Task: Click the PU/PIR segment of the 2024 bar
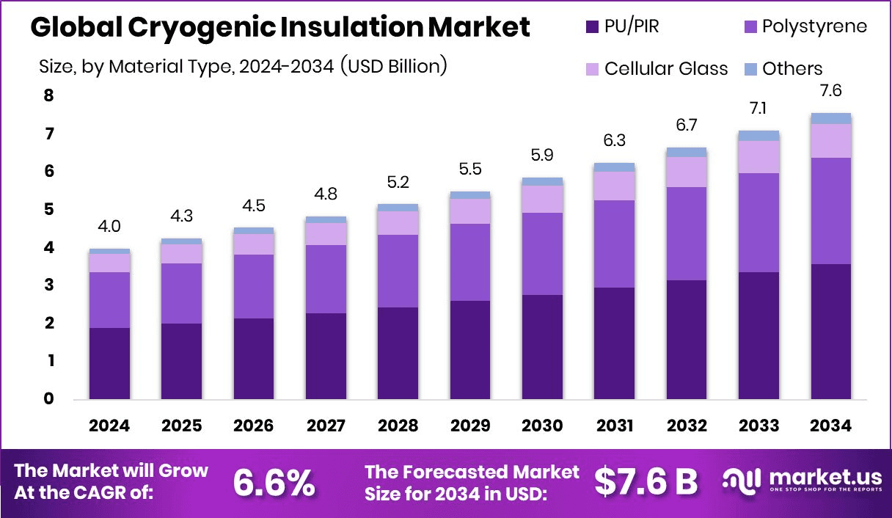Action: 109,363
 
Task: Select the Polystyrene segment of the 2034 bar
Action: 830,211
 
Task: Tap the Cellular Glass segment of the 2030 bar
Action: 542,199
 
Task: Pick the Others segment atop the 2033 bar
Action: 758,135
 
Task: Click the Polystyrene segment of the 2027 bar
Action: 326,279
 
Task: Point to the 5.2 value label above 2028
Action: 398,181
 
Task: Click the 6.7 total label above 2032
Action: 687,125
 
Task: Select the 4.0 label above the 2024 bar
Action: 109,226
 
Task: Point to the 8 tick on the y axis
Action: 48,95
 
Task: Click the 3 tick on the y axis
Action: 48,285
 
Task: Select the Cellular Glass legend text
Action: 666,69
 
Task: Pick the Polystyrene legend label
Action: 814,27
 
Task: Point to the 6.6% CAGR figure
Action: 274,482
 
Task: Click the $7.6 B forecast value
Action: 646,482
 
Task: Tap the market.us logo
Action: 800,481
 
